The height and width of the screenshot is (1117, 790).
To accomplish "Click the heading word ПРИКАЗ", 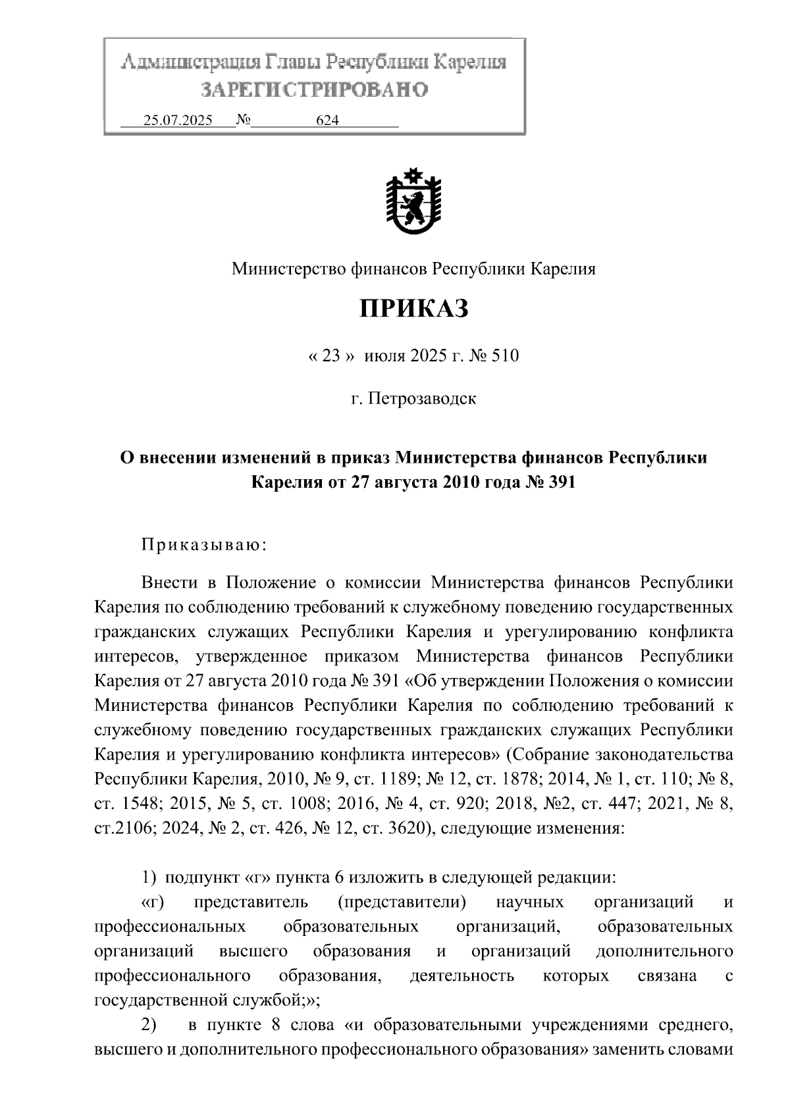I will pyautogui.click(x=413, y=308).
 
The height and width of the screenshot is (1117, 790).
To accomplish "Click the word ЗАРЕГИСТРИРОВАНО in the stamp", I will pyautogui.click(x=314, y=90).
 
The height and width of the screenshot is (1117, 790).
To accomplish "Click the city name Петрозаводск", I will pyautogui.click(x=422, y=399).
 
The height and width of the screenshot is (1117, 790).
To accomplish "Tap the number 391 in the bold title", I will pyautogui.click(x=560, y=482).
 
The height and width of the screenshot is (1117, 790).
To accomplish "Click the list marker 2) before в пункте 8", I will pyautogui.click(x=149, y=1025).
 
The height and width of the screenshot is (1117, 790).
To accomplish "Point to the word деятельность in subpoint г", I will pyautogui.click(x=461, y=976).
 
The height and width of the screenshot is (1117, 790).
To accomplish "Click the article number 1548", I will pyautogui.click(x=139, y=804).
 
